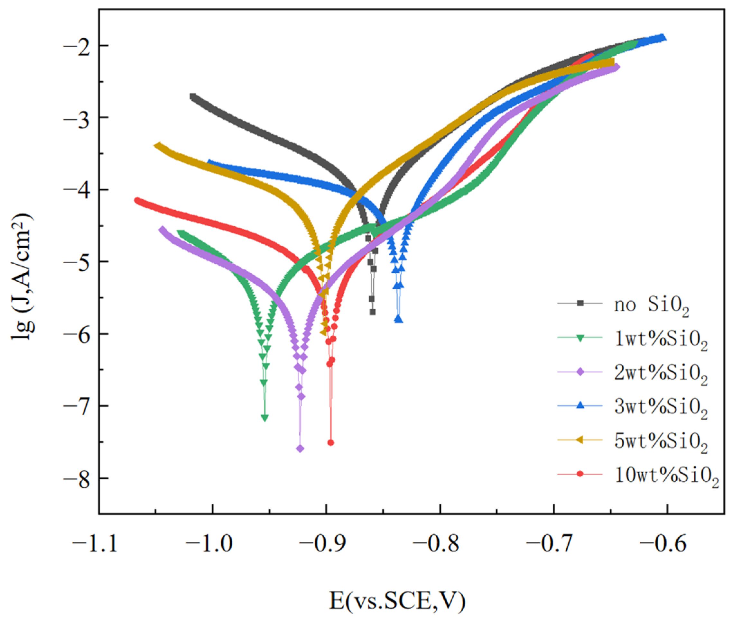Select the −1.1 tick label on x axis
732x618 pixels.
[95, 544]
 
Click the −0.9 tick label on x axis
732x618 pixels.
[322, 544]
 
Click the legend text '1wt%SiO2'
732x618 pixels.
[661, 339]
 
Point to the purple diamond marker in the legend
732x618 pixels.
[580, 372]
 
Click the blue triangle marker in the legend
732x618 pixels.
[580, 406]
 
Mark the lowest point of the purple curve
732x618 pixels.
[300, 449]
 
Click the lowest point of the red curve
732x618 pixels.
[330, 443]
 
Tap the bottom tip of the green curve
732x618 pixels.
[265, 418]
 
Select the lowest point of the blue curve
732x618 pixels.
[399, 319]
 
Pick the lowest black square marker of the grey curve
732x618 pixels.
[373, 312]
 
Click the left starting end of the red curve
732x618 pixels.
[137, 200]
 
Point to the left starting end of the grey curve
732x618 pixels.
[192, 96]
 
